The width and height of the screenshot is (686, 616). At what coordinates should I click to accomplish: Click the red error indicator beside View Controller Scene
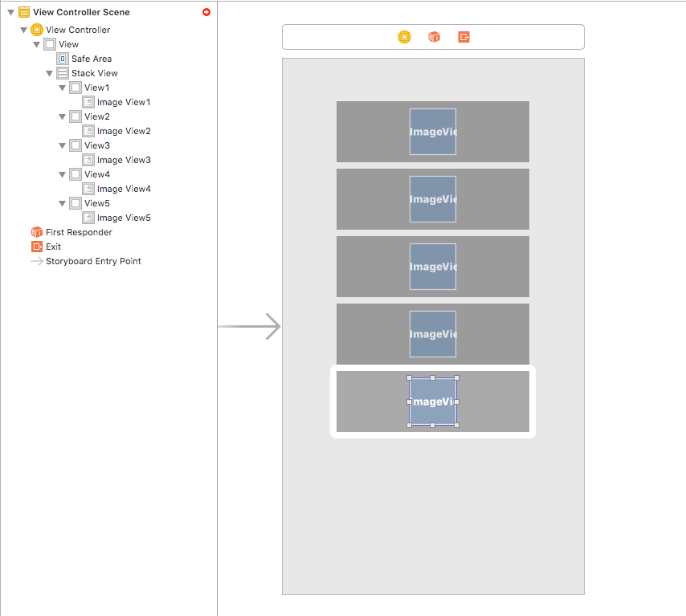(x=206, y=12)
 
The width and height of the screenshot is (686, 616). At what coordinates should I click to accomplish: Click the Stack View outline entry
(x=94, y=73)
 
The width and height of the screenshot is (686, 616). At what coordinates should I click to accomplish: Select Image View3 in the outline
(x=123, y=160)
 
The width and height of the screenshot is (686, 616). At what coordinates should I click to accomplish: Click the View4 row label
(x=96, y=174)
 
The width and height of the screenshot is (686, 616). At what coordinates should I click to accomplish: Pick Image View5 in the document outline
(x=123, y=218)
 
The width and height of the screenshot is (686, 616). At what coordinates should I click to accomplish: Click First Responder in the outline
(x=78, y=232)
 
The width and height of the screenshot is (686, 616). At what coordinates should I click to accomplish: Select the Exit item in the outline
(x=53, y=247)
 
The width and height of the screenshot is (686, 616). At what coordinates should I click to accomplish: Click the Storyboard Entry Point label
(x=92, y=261)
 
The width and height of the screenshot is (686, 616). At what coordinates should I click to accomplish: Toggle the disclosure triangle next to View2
(x=63, y=116)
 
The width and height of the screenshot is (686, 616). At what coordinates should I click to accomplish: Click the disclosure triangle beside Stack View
(x=50, y=73)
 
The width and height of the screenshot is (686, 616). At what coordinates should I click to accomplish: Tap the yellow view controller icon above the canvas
(x=404, y=37)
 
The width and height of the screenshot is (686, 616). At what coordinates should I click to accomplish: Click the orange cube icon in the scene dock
(x=434, y=37)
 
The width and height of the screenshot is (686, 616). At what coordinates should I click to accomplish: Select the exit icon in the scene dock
(x=463, y=37)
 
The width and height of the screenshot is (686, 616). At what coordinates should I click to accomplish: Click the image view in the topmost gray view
(x=433, y=132)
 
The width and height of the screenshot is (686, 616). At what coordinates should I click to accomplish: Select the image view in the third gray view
(x=433, y=267)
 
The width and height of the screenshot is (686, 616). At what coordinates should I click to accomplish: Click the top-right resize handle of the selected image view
(x=456, y=377)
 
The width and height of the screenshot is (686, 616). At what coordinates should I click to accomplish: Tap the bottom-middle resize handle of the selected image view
(x=433, y=425)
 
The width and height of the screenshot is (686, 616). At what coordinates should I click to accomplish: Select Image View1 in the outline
(x=123, y=102)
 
